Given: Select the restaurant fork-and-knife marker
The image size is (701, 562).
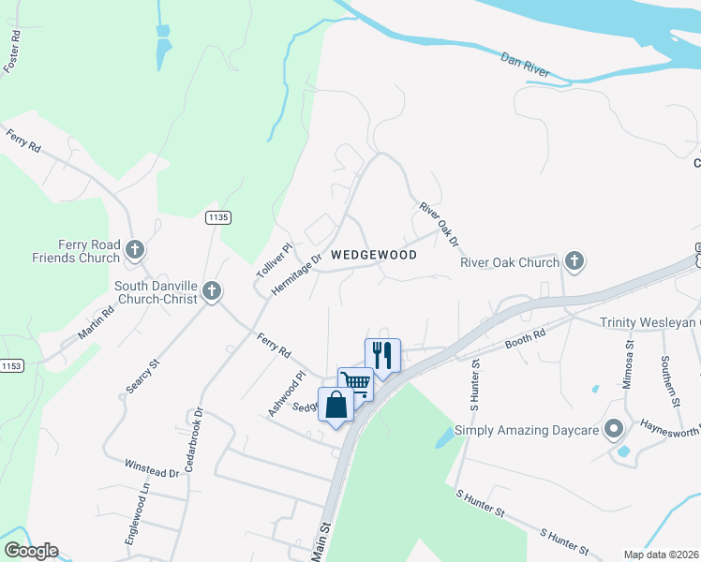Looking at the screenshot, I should point(382,356).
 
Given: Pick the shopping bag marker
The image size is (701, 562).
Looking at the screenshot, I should point(336,405).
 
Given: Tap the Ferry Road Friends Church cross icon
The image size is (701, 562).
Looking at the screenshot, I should point(135,250).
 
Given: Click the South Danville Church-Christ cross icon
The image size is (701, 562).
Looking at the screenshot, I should point(212,291).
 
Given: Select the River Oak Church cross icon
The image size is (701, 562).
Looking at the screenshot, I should point(574,261).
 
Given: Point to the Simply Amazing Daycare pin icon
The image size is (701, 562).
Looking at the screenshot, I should point(614,430).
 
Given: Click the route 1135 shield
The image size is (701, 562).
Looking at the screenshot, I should point(218,217).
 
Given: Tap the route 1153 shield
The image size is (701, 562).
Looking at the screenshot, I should point(11,366).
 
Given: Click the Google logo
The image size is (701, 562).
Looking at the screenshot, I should point(31,551).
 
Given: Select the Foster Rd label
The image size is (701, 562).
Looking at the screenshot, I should point(13,52).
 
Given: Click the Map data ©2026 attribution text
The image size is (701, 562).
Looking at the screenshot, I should point(660,555).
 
